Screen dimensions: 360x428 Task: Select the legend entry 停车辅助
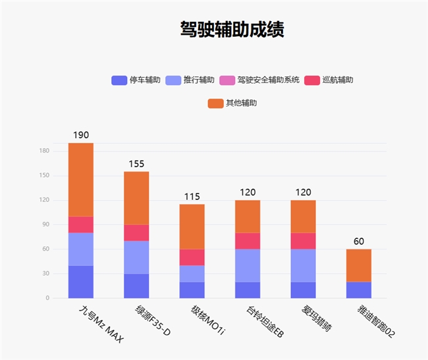136,80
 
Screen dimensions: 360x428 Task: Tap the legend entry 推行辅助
190,80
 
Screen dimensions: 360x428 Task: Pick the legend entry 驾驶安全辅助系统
259,80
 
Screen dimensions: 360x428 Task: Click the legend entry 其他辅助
232,103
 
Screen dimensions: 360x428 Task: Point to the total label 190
81,135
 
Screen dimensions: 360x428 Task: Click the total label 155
136,164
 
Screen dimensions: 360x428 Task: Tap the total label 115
192,196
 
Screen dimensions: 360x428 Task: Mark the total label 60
359,242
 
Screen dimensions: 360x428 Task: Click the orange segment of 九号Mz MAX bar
81,179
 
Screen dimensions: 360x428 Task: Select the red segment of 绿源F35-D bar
136,233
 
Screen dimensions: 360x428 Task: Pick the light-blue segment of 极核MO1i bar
192,273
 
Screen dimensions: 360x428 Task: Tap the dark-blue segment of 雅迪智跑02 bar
359,290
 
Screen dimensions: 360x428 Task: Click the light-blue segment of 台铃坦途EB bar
248,265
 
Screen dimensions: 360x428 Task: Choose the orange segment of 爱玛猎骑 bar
304,217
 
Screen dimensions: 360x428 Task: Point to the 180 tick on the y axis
44,151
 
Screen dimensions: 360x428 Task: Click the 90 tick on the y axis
45,224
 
